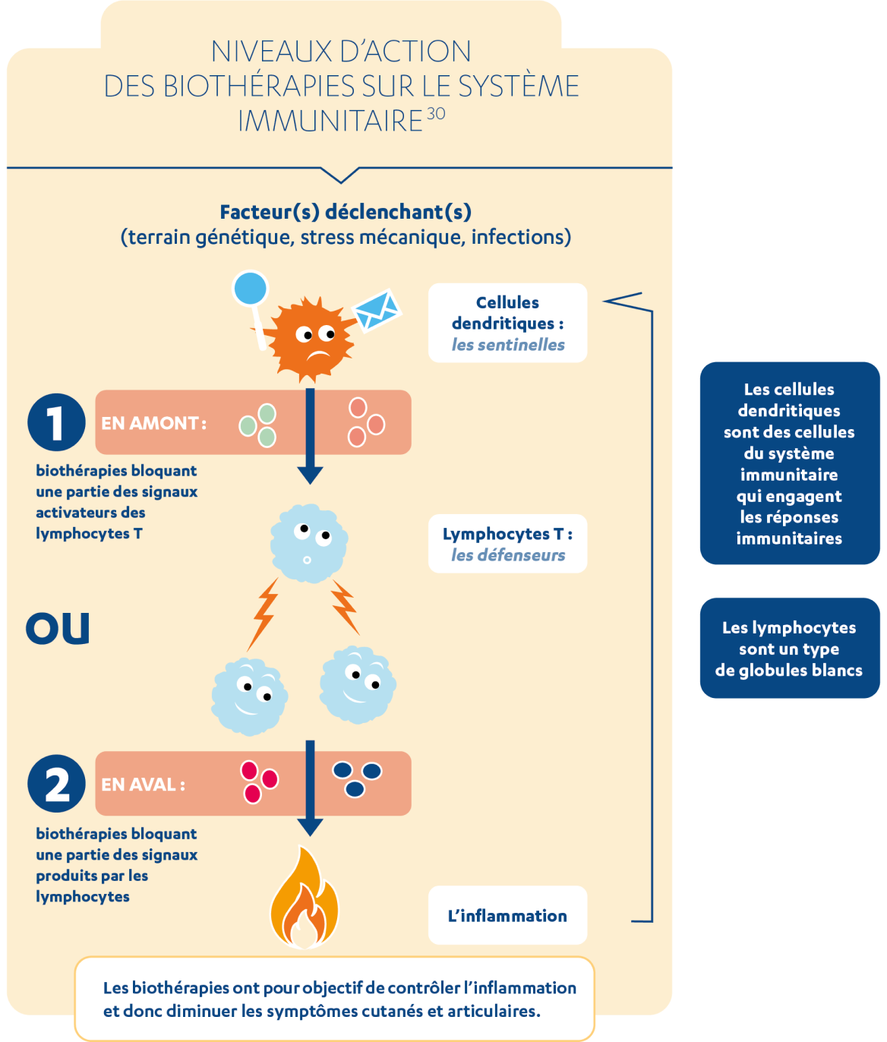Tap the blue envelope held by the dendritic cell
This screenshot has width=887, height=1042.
377,310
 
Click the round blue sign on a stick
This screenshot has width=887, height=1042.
251,289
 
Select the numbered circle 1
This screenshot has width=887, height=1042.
56,422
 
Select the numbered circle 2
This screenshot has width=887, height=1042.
56,784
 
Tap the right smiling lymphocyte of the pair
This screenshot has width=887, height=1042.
358,684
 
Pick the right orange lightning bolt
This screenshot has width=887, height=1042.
344,607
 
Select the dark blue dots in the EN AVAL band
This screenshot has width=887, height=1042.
356,779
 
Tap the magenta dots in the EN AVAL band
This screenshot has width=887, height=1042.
258,781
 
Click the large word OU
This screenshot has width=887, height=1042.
58,629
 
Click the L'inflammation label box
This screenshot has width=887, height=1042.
507,915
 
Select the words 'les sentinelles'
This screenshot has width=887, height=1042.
508,345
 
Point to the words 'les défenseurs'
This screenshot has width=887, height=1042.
508,555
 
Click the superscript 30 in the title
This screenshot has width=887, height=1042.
436,114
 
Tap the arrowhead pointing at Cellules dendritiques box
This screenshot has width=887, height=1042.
614,301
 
